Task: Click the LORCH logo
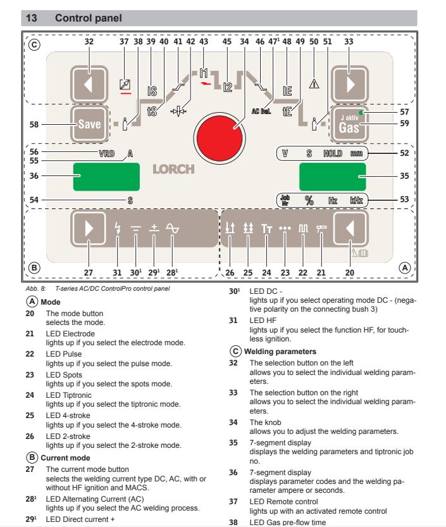(x=173, y=169)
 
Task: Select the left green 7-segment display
(x=98, y=175)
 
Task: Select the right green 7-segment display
(x=332, y=175)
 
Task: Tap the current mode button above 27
(x=87, y=229)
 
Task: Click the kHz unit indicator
(x=357, y=200)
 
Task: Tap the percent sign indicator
(x=309, y=200)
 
